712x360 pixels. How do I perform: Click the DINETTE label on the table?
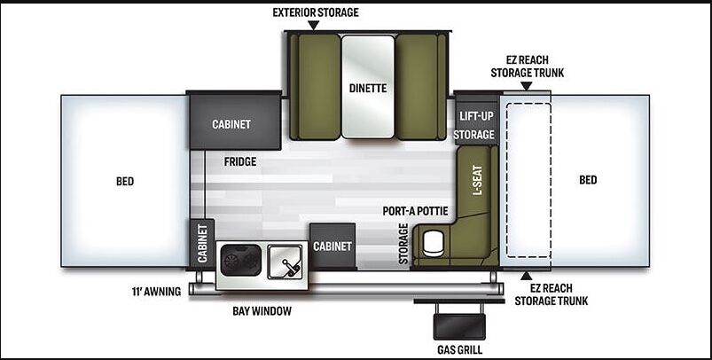tap(367, 88)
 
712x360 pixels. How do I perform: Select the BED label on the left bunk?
tap(125, 181)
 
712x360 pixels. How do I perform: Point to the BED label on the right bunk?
tap(588, 180)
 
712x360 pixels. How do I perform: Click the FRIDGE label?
tap(240, 162)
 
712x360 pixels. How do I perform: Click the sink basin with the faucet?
tap(286, 262)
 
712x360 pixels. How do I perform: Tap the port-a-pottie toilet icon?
tap(434, 242)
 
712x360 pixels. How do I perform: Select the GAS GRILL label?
tap(458, 348)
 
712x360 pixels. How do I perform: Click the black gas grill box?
tap(458, 321)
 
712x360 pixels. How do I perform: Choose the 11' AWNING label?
tap(155, 290)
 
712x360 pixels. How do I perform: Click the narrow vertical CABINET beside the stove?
tap(202, 243)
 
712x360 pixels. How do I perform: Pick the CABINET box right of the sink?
tap(333, 246)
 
